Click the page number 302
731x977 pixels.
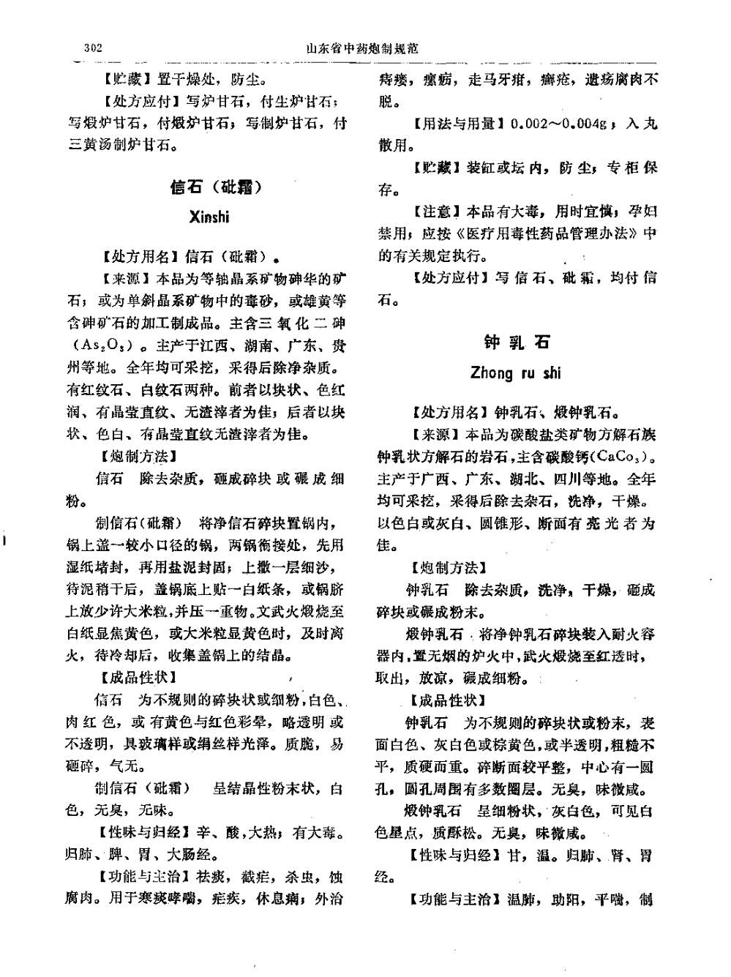(93, 49)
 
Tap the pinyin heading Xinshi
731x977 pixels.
(209, 217)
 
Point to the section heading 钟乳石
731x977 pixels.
(517, 342)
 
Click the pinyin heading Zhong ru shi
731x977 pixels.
(516, 373)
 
